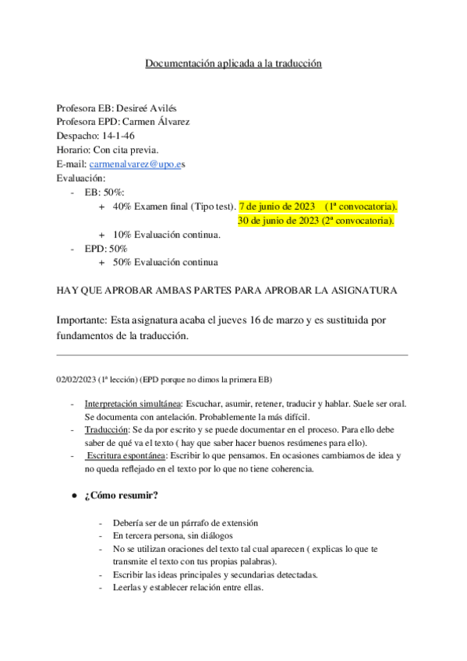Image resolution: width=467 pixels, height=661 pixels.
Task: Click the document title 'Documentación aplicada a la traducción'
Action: point(233,64)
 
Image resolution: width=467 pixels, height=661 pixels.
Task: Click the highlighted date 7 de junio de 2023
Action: point(277,207)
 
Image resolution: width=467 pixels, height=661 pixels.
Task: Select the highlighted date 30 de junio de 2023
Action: point(276,221)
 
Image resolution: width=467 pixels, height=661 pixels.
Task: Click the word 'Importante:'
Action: point(83,320)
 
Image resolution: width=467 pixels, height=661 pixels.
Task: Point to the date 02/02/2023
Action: point(76,379)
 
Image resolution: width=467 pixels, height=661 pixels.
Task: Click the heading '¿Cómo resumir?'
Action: point(125,496)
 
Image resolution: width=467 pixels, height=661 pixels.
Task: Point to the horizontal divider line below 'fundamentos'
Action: point(233,355)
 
